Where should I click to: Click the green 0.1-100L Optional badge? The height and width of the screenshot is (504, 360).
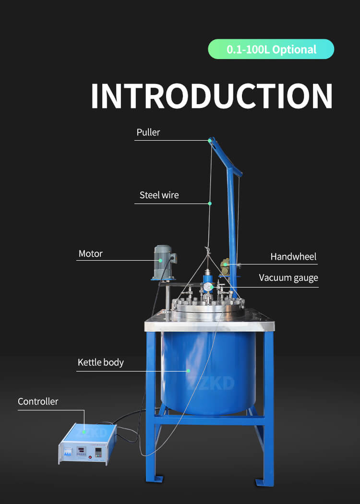click(x=271, y=49)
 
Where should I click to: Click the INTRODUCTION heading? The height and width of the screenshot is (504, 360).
click(x=212, y=96)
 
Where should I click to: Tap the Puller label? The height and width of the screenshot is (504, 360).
click(x=148, y=132)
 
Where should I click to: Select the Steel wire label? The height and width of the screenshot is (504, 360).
click(x=159, y=195)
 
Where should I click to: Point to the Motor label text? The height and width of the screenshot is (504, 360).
click(x=90, y=253)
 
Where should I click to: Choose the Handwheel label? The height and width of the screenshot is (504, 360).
click(x=293, y=257)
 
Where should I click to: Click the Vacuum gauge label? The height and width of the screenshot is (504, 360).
click(x=288, y=278)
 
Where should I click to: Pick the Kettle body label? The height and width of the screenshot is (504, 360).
click(x=100, y=362)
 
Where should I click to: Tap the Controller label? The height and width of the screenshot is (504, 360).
click(x=38, y=401)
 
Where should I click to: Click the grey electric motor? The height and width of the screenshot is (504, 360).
click(x=163, y=261)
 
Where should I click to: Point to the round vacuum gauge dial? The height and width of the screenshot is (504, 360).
click(x=207, y=287)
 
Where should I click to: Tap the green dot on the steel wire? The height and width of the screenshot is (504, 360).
click(x=210, y=204)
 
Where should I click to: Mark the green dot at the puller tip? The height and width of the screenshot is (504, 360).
click(x=210, y=140)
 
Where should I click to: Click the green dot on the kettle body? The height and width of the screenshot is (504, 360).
click(x=188, y=371)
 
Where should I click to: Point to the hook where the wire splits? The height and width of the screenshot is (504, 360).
click(x=208, y=250)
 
